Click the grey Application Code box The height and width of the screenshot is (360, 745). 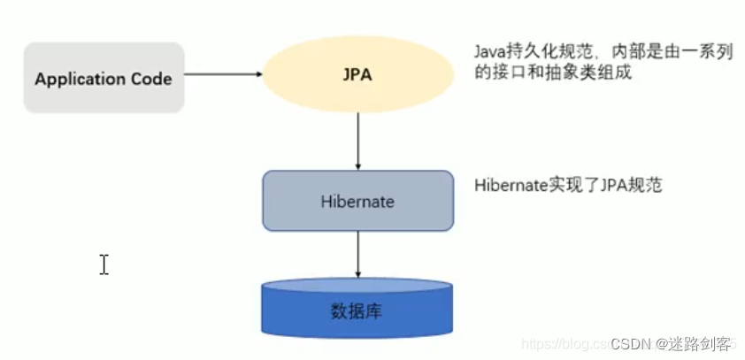coord(104,78)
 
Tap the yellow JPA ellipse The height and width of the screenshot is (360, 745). coord(357,75)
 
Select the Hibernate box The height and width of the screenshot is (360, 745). coord(357,201)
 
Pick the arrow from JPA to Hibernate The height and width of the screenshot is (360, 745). coord(357,142)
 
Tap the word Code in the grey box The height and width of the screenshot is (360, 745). coord(153,79)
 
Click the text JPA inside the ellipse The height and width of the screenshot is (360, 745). coord(357,75)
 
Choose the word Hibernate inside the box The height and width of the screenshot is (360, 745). coord(357,202)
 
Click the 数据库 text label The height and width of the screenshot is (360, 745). coord(357,311)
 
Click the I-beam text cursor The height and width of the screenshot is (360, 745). coord(104,264)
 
